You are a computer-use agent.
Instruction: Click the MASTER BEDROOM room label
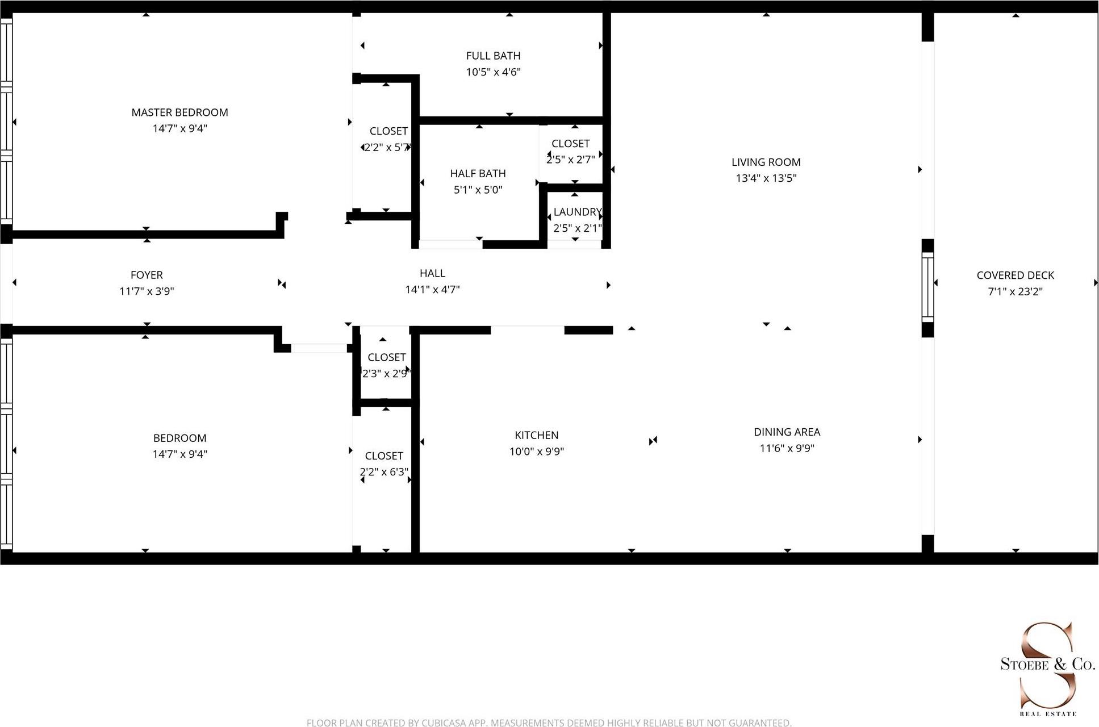pyautogui.click(x=179, y=112)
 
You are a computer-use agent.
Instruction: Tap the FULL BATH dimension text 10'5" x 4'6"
pyautogui.click(x=493, y=72)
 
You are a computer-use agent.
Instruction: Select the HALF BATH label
pyautogui.click(x=478, y=173)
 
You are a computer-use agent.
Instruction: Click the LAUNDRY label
pyautogui.click(x=577, y=212)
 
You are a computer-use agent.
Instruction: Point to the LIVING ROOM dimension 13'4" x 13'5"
pyautogui.click(x=766, y=178)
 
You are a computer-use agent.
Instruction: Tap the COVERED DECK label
pyautogui.click(x=1015, y=275)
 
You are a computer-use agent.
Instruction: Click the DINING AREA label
pyautogui.click(x=787, y=432)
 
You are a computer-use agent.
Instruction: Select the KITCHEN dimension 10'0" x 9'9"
pyautogui.click(x=536, y=452)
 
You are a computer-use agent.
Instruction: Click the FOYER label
pyautogui.click(x=147, y=275)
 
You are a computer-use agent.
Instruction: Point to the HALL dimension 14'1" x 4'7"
pyautogui.click(x=432, y=290)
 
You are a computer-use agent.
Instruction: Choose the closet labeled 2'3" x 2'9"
pyautogui.click(x=386, y=365)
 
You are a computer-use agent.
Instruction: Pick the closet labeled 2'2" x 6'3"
pyautogui.click(x=384, y=464)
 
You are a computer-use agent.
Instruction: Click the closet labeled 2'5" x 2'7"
pyautogui.click(x=570, y=152)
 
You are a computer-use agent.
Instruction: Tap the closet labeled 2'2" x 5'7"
pyautogui.click(x=388, y=139)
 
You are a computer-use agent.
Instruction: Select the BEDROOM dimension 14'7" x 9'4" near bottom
pyautogui.click(x=179, y=454)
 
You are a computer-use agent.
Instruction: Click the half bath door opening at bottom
pyautogui.click(x=450, y=244)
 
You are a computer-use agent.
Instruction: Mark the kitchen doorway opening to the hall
pyautogui.click(x=527, y=329)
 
